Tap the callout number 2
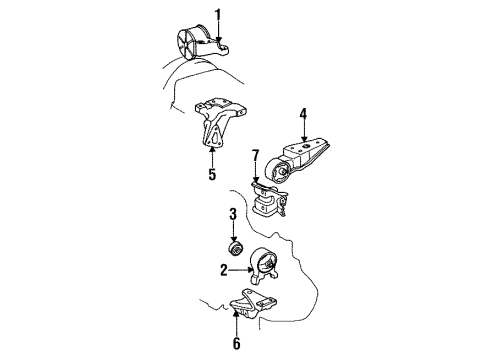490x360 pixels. pyautogui.click(x=225, y=268)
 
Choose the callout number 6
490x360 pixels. pyautogui.click(x=237, y=343)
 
